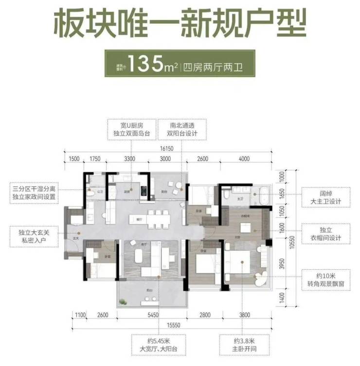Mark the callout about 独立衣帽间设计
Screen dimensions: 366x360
pyautogui.click(x=325, y=233)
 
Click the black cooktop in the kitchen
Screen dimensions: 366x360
pyautogui.click(x=144, y=191)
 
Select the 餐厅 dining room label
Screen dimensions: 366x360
pyautogui.click(x=140, y=220)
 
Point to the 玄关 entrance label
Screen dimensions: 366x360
pyautogui.click(x=76, y=239)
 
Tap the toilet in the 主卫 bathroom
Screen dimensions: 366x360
pyautogui.click(x=226, y=194)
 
